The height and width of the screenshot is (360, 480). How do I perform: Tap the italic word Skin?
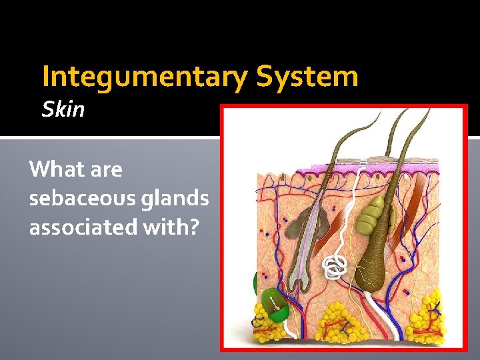pyautogui.click(x=63, y=109)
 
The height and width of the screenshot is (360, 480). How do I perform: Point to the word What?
pyautogui.click(x=54, y=169)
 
